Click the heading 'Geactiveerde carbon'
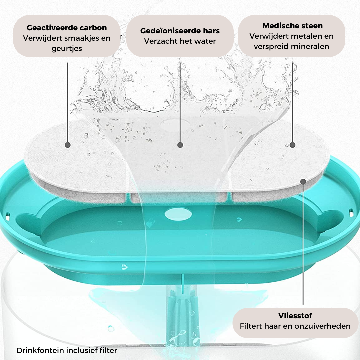67,28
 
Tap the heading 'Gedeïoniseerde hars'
180,31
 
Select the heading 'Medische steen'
293,26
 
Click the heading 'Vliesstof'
295,316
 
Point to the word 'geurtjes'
67,49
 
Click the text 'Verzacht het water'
180,41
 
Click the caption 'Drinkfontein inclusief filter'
67,350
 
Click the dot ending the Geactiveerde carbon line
67,145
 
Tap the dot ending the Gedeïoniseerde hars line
180,145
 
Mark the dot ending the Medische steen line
293,145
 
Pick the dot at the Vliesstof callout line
303,182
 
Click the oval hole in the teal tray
178,214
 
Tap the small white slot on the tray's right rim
351,213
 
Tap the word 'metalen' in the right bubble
307,36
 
